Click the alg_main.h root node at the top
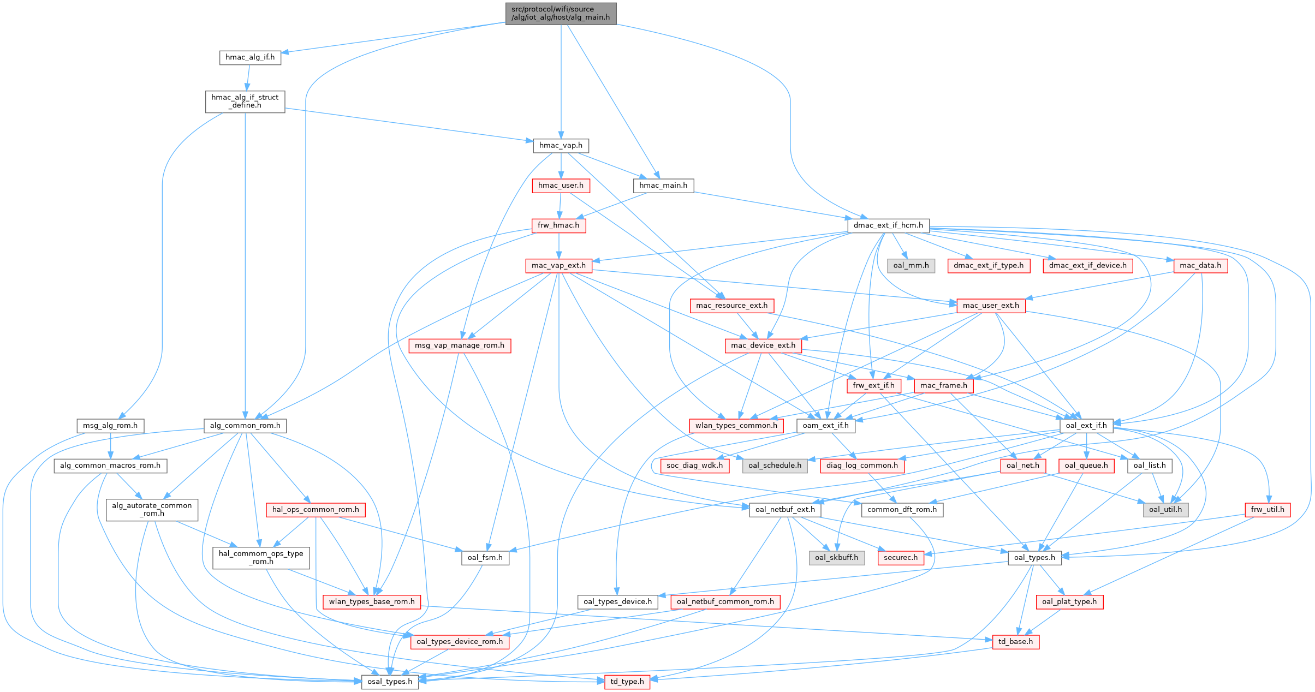click(561, 13)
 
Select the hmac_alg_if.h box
click(250, 57)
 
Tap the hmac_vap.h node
click(561, 145)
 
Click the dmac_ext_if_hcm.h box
click(888, 225)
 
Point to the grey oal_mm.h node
click(911, 266)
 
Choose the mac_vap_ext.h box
click(558, 266)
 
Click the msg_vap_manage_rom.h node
click(460, 345)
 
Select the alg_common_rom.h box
click(245, 426)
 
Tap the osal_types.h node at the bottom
click(390, 682)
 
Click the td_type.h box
click(627, 682)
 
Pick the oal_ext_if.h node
click(1086, 426)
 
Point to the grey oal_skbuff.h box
click(836, 558)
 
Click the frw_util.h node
click(1268, 510)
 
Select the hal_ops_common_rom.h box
click(316, 510)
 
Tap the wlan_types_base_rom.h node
click(371, 602)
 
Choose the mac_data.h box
click(1200, 266)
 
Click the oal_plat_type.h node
click(1069, 602)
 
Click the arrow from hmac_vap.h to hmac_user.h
click(561, 166)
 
